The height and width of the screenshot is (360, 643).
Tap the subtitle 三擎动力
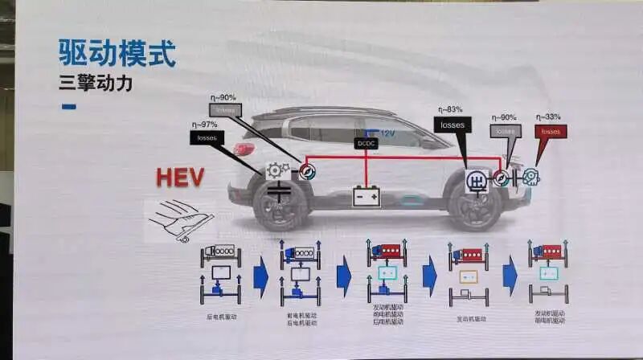click(95, 83)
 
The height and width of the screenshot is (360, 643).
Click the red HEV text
click(180, 178)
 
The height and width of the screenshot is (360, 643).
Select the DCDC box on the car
click(366, 143)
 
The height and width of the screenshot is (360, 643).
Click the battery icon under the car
click(367, 195)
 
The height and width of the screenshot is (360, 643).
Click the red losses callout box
click(551, 131)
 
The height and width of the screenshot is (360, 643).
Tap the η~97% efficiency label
click(205, 124)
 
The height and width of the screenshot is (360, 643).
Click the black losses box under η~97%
click(207, 137)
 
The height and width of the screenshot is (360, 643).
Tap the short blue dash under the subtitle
click(68, 106)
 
